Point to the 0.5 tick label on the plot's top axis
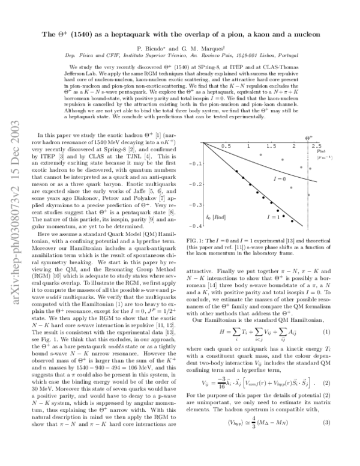point(225,146)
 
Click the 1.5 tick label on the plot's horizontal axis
point(270,146)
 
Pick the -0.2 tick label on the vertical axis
point(194,184)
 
